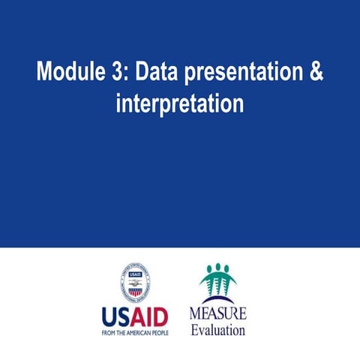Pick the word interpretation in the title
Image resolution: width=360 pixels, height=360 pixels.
click(180, 103)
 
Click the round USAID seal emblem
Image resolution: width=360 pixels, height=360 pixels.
click(135, 283)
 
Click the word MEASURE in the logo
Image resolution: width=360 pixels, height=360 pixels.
click(217, 313)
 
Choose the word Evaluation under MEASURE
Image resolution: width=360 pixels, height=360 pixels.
click(217, 328)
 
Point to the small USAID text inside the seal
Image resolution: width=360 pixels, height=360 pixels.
click(135, 274)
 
